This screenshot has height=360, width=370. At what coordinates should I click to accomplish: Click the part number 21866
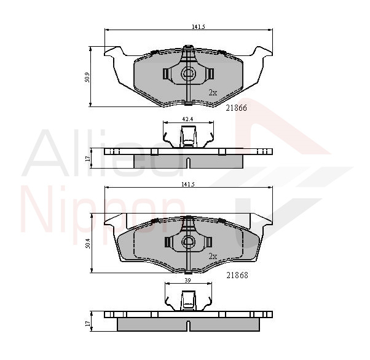236,108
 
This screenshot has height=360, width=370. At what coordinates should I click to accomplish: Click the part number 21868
237,275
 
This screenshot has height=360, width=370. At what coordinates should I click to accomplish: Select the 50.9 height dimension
87,77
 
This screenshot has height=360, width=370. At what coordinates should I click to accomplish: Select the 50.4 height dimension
88,243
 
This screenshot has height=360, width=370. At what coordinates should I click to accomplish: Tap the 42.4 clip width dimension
187,119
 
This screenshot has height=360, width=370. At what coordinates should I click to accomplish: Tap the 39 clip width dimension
187,281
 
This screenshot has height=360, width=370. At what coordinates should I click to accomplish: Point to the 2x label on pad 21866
213,92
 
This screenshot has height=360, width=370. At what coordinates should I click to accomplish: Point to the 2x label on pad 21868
213,257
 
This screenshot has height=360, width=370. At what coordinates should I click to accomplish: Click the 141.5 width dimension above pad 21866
198,27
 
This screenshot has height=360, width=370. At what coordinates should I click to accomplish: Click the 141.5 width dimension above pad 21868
188,185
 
